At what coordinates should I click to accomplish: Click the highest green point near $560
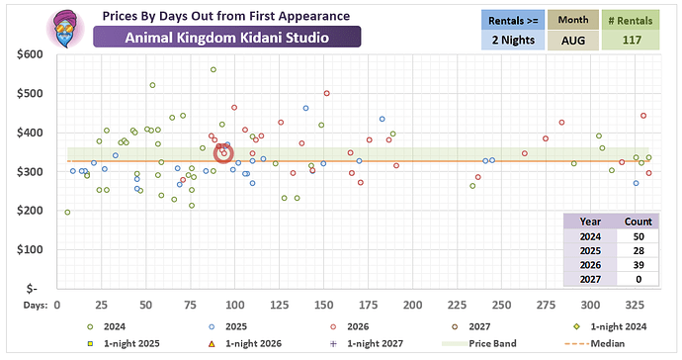(213, 69)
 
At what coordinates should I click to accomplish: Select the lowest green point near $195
(67, 213)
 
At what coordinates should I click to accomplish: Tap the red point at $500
(326, 94)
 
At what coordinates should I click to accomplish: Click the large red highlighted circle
(223, 153)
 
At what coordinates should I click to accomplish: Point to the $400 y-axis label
(30, 133)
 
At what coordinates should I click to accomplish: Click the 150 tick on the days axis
(323, 306)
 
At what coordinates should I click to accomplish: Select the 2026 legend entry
(349, 326)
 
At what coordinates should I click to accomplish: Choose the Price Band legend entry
(479, 343)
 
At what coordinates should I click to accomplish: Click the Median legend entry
(594, 343)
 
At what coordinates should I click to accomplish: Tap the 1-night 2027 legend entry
(367, 343)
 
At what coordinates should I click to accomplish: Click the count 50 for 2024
(639, 236)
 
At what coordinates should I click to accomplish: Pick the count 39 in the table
(639, 265)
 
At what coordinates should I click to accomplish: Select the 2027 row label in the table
(590, 279)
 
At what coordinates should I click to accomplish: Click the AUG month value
(573, 41)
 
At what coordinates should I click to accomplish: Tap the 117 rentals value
(632, 41)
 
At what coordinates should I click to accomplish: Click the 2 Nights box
(513, 40)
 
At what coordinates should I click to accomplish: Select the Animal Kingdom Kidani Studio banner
(227, 38)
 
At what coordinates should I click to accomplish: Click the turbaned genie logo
(65, 29)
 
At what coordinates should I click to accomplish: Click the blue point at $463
(305, 109)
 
